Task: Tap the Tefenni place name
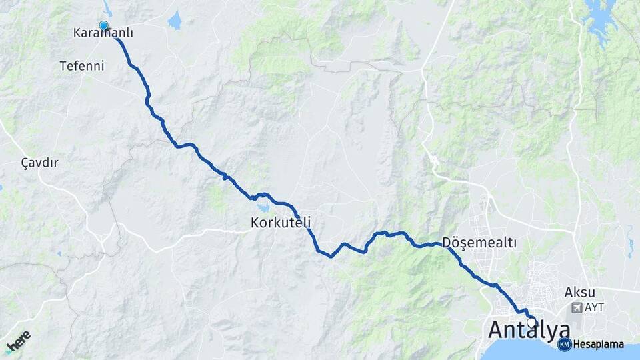pyautogui.click(x=82, y=66)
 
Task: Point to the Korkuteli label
pyautogui.click(x=281, y=221)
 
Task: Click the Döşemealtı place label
pyautogui.click(x=479, y=243)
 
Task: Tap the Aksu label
pyautogui.click(x=579, y=291)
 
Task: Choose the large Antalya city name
pyautogui.click(x=529, y=330)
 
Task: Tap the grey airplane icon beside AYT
pyautogui.click(x=576, y=308)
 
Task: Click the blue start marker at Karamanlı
pyautogui.click(x=103, y=26)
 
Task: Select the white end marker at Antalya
pyautogui.click(x=531, y=322)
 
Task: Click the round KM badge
pyautogui.click(x=564, y=344)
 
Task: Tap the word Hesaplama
pyautogui.click(x=599, y=345)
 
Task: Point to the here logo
pyautogui.click(x=19, y=341)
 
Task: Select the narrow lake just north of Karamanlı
pyautogui.click(x=107, y=9)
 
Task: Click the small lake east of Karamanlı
pyautogui.click(x=175, y=21)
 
